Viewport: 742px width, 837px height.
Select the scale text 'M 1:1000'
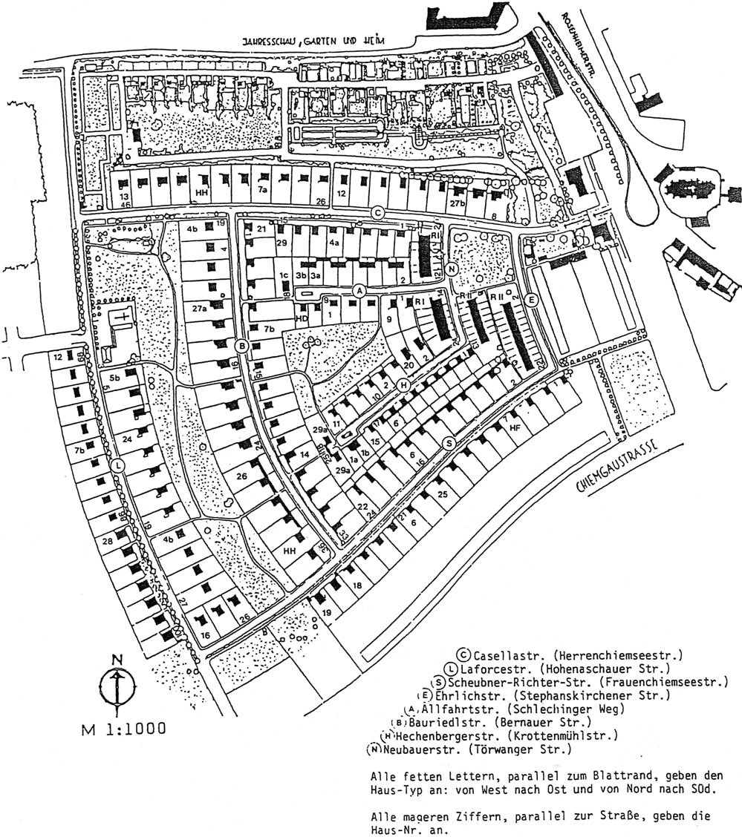pyautogui.click(x=124, y=728)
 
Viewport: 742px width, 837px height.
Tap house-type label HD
pyautogui.click(x=302, y=318)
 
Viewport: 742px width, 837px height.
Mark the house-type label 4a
pyautogui.click(x=334, y=243)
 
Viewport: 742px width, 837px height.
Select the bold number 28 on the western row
pyautogui.click(x=108, y=542)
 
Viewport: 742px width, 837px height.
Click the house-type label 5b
pyautogui.click(x=115, y=378)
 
